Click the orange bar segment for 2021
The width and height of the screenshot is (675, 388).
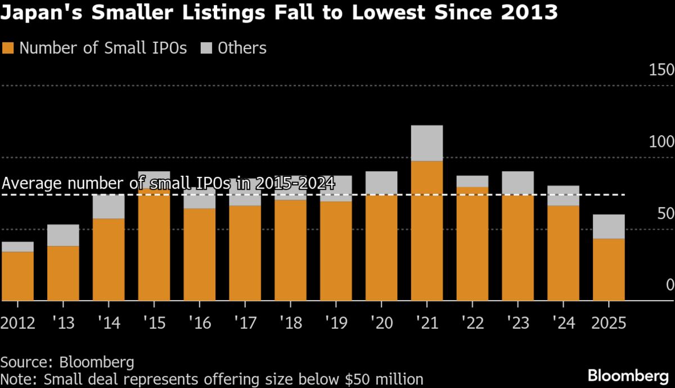pyautogui.click(x=426, y=231)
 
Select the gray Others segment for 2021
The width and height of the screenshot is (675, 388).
pyautogui.click(x=426, y=143)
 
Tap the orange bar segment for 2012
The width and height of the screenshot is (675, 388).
pyautogui.click(x=17, y=276)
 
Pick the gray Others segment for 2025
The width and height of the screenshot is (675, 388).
pyautogui.click(x=609, y=226)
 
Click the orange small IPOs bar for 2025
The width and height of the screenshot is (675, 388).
pyautogui.click(x=609, y=269)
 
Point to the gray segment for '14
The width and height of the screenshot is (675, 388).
pyautogui.click(x=108, y=207)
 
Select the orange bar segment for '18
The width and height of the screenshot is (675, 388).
pyautogui.click(x=290, y=250)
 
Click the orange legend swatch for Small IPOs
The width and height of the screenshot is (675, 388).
pyautogui.click(x=8, y=48)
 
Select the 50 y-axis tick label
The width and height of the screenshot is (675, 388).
pyautogui.click(x=664, y=213)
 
